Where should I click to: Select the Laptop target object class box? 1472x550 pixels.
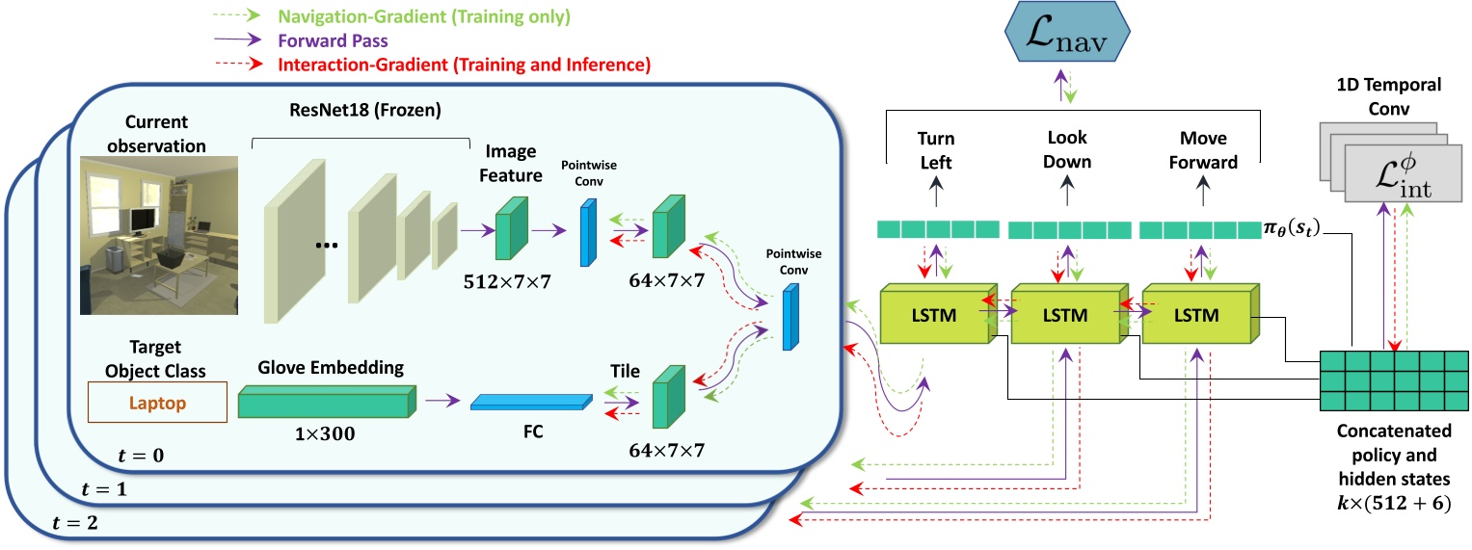coord(156,405)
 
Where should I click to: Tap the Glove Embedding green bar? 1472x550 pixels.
coord(328,402)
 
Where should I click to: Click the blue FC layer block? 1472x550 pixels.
coord(530,403)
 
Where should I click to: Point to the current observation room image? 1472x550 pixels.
coord(158,235)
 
